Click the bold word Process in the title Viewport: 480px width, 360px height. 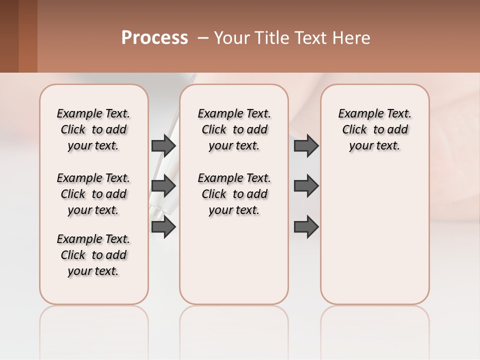(x=154, y=38)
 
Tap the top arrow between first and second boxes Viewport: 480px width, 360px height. (x=163, y=145)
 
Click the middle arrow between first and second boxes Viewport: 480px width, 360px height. (x=163, y=186)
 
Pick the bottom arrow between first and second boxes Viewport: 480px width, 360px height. (x=163, y=227)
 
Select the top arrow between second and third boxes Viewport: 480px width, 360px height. (x=306, y=145)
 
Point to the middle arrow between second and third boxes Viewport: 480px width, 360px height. (x=306, y=186)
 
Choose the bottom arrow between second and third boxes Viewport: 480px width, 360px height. (x=306, y=227)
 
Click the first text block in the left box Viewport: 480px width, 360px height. (x=93, y=129)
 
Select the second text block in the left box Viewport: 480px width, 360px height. (x=93, y=194)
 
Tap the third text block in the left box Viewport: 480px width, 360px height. (x=93, y=255)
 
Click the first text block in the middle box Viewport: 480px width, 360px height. (x=234, y=129)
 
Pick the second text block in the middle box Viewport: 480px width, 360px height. (x=234, y=194)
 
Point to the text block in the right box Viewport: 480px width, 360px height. (x=374, y=129)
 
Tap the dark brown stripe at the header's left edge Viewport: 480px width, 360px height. (x=9, y=36)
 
